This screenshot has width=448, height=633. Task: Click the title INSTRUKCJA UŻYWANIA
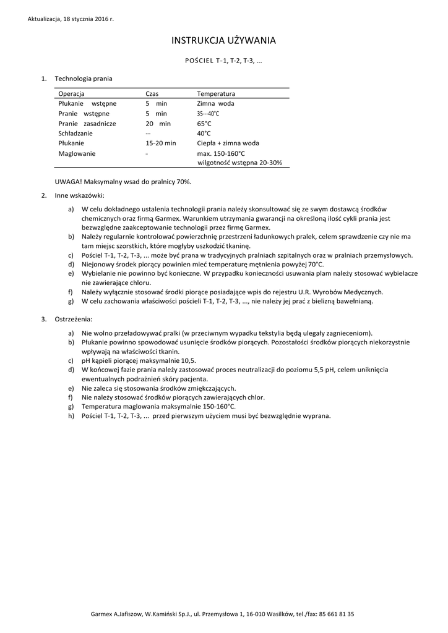pos(223,41)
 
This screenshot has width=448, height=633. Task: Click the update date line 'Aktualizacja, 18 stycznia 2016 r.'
pos(71,19)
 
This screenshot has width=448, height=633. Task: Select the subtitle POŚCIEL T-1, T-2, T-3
pos(223,61)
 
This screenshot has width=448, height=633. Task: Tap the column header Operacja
pos(72,93)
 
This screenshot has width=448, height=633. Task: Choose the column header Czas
pos(152,93)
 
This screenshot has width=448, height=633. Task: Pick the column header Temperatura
pos(216,93)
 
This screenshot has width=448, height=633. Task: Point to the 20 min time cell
pos(158,124)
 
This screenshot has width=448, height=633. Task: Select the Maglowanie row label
pos(77,153)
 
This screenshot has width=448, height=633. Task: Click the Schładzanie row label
pos(75,134)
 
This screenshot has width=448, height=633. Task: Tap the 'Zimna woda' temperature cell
pos(215,104)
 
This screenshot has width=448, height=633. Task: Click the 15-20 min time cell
pos(160,143)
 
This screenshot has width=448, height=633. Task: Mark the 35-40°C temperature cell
pos(208,114)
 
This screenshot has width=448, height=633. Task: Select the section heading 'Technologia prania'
pos(84,79)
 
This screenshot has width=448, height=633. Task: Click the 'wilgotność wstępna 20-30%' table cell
pos(239,163)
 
